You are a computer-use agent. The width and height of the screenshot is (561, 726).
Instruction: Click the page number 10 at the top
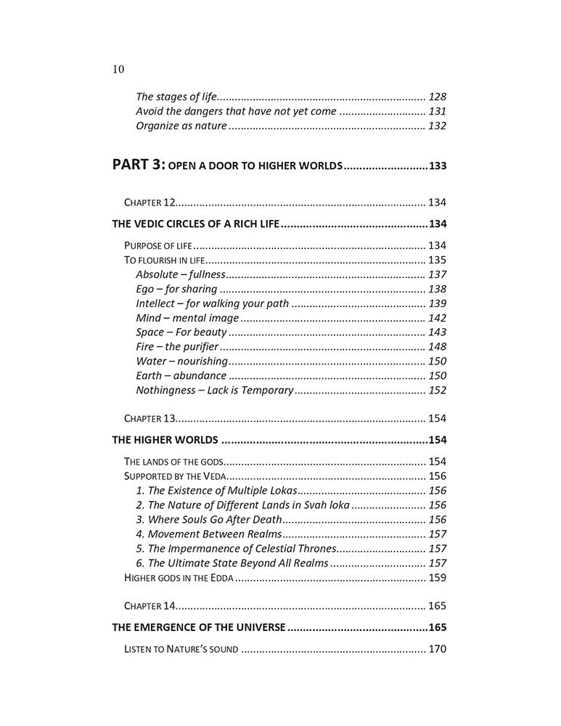coord(119,70)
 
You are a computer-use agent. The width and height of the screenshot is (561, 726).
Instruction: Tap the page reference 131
coord(437,111)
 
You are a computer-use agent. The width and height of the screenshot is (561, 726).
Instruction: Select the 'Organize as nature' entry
coord(181,126)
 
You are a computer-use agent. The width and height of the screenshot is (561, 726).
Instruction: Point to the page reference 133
coord(437,166)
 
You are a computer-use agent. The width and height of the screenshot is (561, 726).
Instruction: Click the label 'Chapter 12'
coord(150,202)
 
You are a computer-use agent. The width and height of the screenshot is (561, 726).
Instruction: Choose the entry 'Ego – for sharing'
coord(176,289)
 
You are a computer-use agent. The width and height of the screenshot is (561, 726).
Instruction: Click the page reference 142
coord(437,318)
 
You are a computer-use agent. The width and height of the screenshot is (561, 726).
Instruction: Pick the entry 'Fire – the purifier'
coord(177,347)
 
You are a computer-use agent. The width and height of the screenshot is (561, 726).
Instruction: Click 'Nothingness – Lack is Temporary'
coord(214,391)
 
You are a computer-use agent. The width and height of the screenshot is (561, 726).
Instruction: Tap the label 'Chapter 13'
coord(150,418)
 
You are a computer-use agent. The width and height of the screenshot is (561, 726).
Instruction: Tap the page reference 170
coord(437,649)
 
